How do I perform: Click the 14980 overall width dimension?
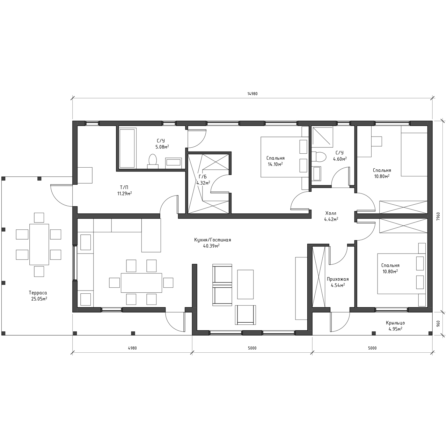[252, 94]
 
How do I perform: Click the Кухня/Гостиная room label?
[212, 240]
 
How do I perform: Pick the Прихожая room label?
[337, 279]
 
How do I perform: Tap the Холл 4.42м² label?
[331, 216]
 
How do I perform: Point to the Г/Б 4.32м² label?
[203, 180]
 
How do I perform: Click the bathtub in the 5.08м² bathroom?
[127, 148]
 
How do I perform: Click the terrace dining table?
[39, 244]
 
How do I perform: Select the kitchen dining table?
[141, 283]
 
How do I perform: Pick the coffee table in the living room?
[245, 284]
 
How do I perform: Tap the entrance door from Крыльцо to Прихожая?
[340, 322]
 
